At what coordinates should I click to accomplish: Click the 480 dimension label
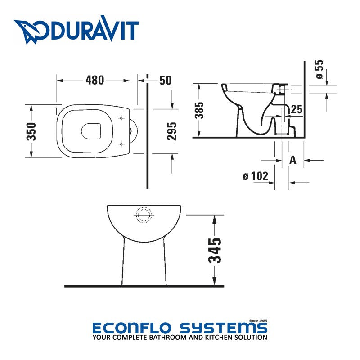(x=94, y=80)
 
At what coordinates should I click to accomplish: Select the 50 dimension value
(x=165, y=80)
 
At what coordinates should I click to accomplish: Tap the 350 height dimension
(x=31, y=131)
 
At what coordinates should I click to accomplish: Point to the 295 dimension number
(x=172, y=131)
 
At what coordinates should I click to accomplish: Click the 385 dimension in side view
(x=200, y=110)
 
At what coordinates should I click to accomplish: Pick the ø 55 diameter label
(x=319, y=70)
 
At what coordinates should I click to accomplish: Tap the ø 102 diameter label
(x=256, y=176)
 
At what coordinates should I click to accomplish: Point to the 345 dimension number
(x=216, y=250)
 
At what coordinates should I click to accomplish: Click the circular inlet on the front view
(x=144, y=215)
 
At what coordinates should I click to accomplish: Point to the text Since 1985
(x=258, y=320)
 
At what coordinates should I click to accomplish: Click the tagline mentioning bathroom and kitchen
(x=180, y=337)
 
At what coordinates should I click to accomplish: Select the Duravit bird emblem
(x=29, y=31)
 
